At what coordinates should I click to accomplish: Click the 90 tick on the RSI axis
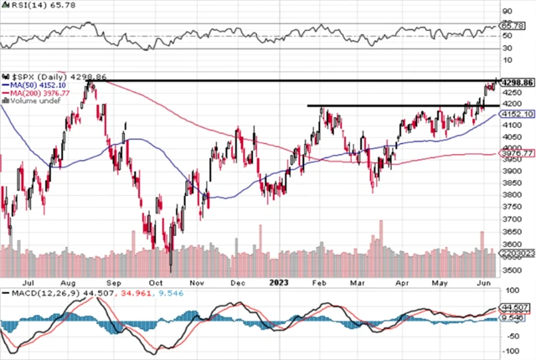[x=505, y=12]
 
